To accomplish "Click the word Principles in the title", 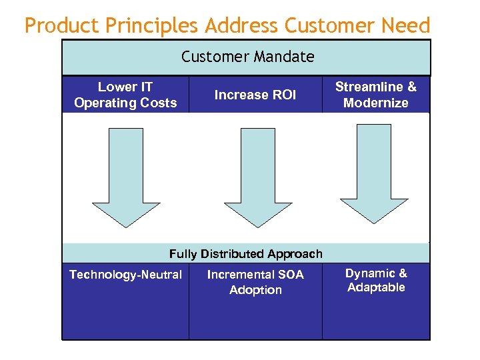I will tap(153, 26).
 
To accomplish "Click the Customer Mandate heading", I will tap(247, 57).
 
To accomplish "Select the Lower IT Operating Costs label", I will tap(125, 95).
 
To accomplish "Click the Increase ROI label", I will tap(255, 95).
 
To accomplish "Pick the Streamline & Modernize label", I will tap(375, 95).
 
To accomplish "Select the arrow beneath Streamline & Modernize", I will tap(374, 173).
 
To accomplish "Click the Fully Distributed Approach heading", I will tap(245, 254).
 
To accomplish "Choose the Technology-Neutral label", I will tap(125, 275).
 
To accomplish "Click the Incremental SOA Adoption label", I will tap(255, 282).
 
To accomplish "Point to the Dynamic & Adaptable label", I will tap(376, 280).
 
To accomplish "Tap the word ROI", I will tap(284, 95).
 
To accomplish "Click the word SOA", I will tap(290, 275).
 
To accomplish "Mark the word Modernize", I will tap(375, 103).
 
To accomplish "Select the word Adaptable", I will tap(376, 287).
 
